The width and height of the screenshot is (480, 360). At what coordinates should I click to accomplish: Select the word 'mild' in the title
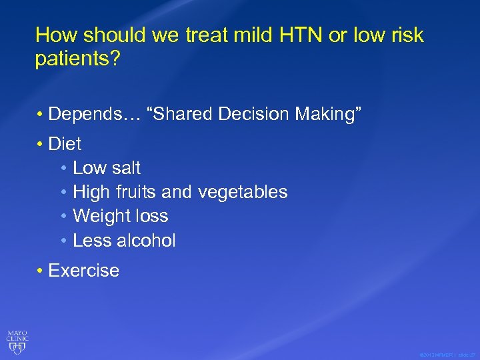point(243,35)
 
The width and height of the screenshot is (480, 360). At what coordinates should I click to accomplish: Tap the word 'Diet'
point(65,143)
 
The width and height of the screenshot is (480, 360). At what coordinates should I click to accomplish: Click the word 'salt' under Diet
point(126,167)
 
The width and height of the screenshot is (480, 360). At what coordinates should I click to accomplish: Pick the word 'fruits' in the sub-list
point(136,192)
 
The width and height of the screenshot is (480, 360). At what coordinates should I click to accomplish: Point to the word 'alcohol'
point(147,240)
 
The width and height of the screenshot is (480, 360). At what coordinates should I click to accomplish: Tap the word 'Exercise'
point(84,270)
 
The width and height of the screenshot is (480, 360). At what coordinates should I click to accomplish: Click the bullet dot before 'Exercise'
point(41,271)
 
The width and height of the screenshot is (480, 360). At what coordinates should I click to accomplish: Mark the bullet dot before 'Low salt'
point(63,168)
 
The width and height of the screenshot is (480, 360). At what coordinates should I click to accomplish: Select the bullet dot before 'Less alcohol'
point(63,241)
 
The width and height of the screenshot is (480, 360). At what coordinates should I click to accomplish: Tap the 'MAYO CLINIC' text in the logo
point(17,335)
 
